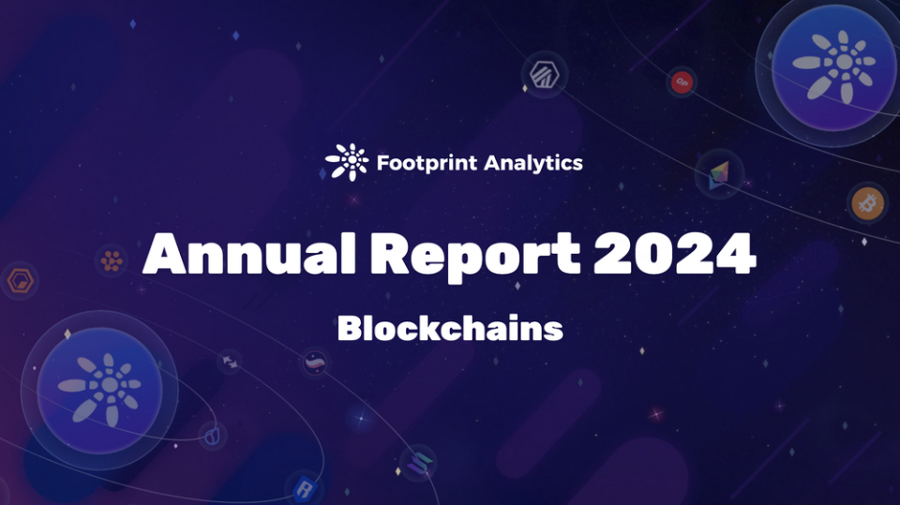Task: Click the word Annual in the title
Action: click(x=249, y=254)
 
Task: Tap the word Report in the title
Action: click(x=475, y=257)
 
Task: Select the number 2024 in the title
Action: click(x=674, y=254)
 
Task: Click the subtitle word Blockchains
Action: click(x=450, y=328)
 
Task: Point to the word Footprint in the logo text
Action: click(x=427, y=163)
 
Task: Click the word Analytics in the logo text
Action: click(x=533, y=163)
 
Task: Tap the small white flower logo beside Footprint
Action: click(x=347, y=162)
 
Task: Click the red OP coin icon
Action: click(x=682, y=82)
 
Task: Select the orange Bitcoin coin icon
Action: click(x=867, y=202)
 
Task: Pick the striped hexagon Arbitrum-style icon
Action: click(x=544, y=75)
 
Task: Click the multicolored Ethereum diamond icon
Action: click(x=719, y=174)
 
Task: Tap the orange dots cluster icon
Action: click(x=112, y=261)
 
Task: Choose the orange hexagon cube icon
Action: click(x=21, y=281)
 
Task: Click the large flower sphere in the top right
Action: click(x=834, y=67)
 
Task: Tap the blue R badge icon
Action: click(x=305, y=489)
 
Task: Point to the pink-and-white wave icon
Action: click(x=315, y=363)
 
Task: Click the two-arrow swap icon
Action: click(x=231, y=362)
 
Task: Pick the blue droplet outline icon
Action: click(x=212, y=436)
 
